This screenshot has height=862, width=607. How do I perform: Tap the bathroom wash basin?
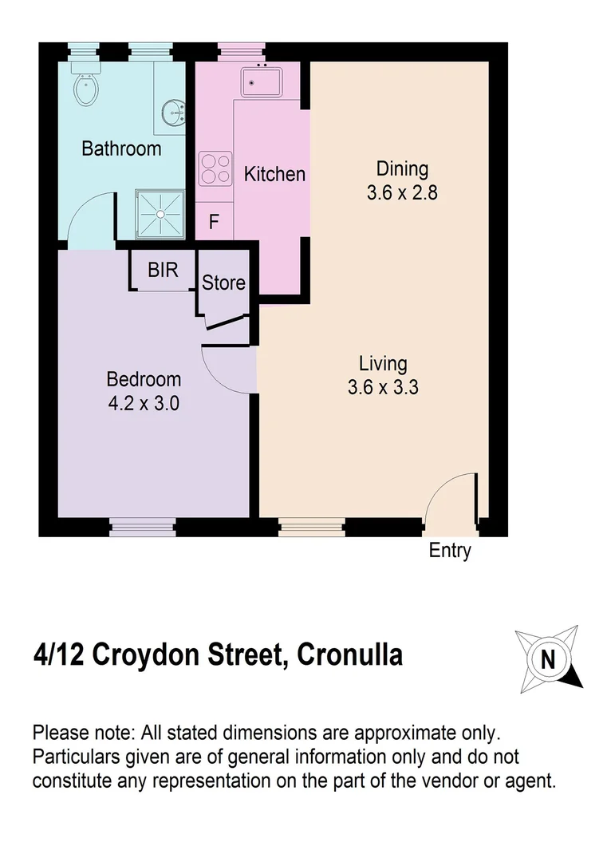pyautogui.click(x=173, y=113)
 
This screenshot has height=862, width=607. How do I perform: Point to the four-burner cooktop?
pyautogui.click(x=215, y=168)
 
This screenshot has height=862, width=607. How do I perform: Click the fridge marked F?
pyautogui.click(x=214, y=221)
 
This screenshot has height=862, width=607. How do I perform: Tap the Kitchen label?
pyautogui.click(x=274, y=173)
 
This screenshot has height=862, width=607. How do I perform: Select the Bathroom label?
pyautogui.click(x=121, y=148)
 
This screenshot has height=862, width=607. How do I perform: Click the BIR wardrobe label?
pyautogui.click(x=163, y=270)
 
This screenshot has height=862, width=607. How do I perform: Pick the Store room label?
pyautogui.click(x=223, y=283)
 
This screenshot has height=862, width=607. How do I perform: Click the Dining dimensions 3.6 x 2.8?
pyautogui.click(x=402, y=192)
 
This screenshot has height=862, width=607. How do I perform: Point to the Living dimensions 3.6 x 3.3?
pyautogui.click(x=384, y=388)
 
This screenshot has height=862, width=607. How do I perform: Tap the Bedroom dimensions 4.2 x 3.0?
pyautogui.click(x=144, y=403)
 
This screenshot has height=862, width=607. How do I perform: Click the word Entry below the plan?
pyautogui.click(x=450, y=551)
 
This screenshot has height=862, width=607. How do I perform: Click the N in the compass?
pyautogui.click(x=548, y=660)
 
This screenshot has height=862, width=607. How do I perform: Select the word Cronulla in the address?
pyautogui.click(x=349, y=656)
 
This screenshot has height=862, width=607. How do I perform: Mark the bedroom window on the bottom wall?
pyautogui.click(x=141, y=527)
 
